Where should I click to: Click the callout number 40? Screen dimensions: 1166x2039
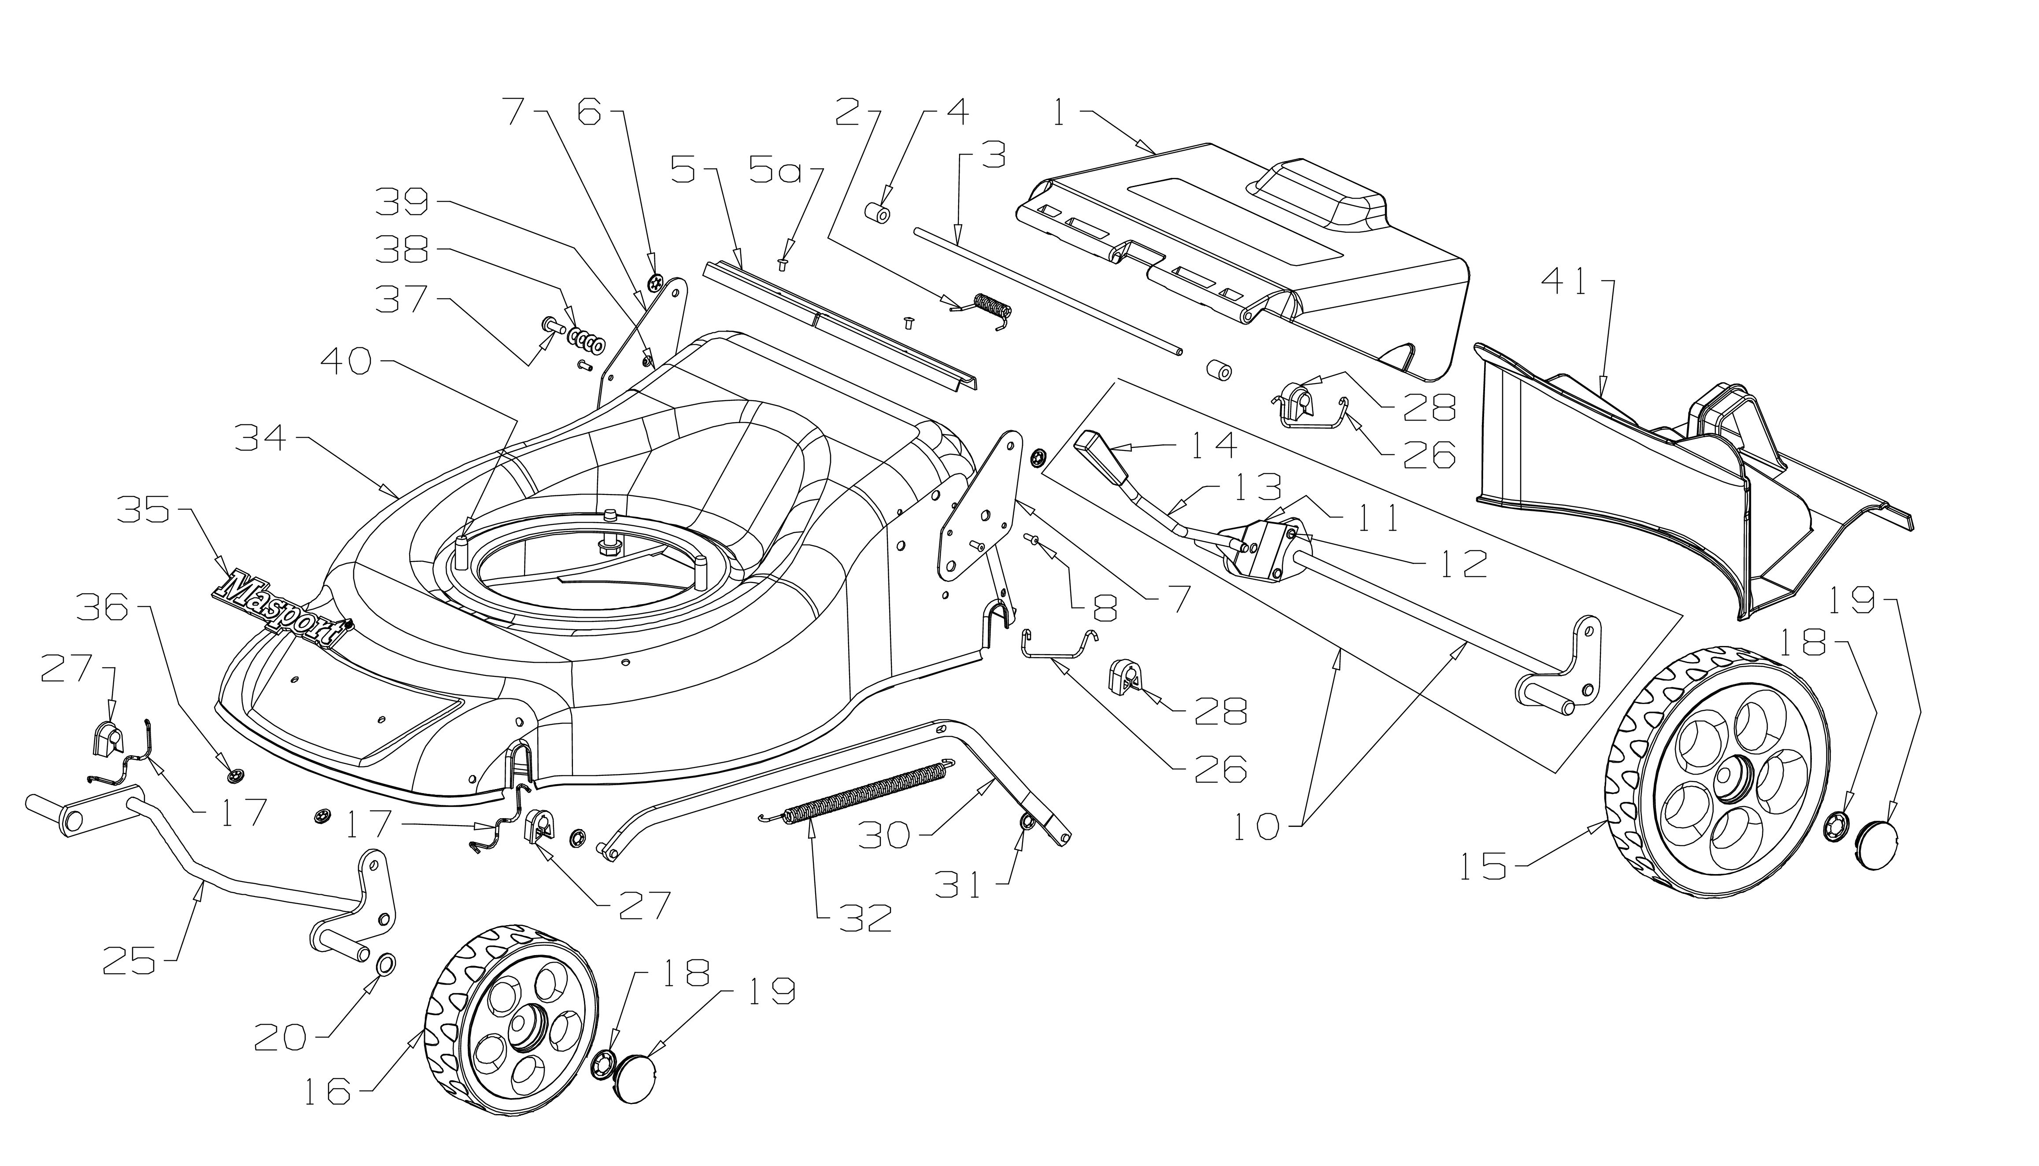click(346, 362)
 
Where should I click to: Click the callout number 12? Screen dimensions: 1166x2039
click(1464, 563)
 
